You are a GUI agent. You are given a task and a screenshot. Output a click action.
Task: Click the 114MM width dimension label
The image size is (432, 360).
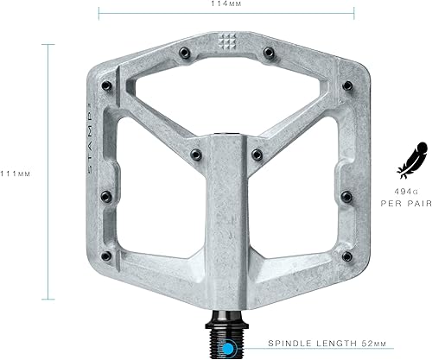227,4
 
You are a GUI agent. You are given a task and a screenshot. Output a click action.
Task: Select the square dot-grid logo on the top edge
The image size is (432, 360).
227,40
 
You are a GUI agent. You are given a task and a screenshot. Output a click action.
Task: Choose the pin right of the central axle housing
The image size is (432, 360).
257,156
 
